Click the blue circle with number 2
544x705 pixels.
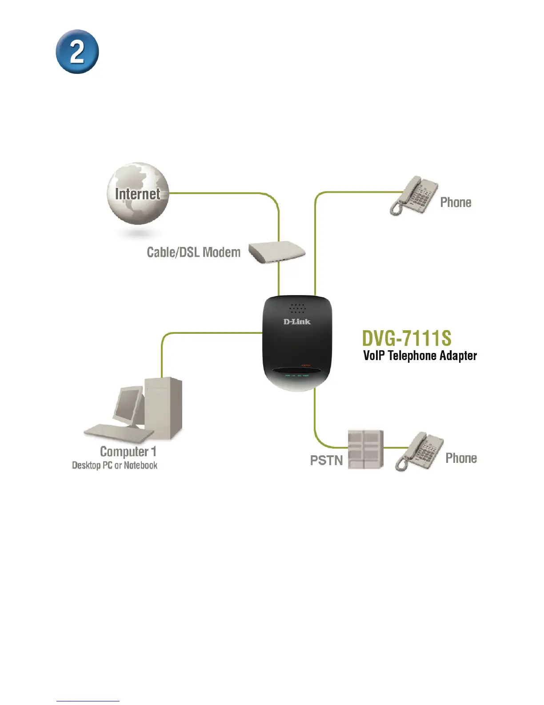tap(77, 52)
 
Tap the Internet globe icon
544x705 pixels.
tap(138, 193)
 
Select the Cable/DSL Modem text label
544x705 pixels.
tap(193, 252)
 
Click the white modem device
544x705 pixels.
tap(277, 252)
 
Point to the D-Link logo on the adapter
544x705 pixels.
tap(297, 321)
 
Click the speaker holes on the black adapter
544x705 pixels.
tap(297, 308)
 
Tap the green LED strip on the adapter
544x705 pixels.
tap(297, 376)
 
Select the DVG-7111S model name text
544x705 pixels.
tap(407, 338)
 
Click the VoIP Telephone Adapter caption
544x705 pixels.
tap(420, 356)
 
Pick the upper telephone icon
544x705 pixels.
tap(413, 196)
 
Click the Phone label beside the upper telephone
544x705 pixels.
tap(456, 203)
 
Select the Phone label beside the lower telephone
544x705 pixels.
tap(461, 458)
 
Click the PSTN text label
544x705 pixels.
tap(326, 460)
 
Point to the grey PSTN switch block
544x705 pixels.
tap(365, 449)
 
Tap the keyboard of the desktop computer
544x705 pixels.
tap(118, 431)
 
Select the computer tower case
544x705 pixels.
tap(164, 407)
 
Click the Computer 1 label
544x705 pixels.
tap(128, 452)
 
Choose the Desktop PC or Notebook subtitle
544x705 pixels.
tap(115, 466)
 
